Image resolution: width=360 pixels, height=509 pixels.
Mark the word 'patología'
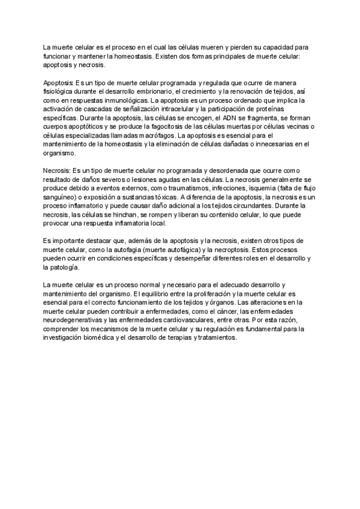tap(65, 268)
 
